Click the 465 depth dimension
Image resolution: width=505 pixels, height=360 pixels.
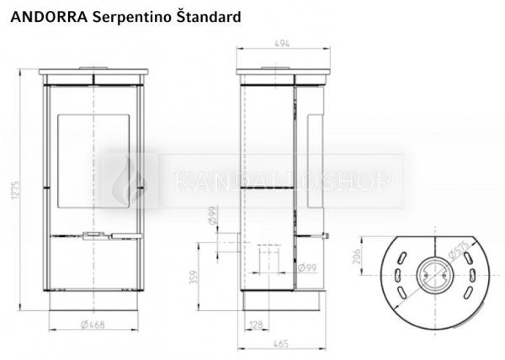[281, 344]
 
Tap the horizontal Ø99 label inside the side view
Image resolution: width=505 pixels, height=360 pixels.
[306, 268]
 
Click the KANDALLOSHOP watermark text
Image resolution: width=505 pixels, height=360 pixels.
[282, 181]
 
